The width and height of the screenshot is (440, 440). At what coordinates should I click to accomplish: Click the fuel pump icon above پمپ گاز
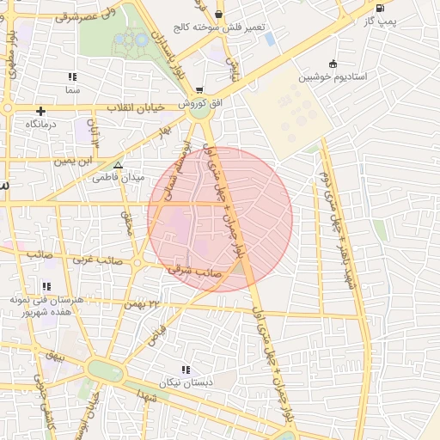pos(380,8)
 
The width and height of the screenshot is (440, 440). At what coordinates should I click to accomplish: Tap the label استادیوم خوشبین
pos(333,76)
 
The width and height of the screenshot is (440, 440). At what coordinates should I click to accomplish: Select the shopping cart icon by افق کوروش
pos(199,90)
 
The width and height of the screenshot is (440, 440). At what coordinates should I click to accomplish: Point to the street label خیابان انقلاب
pos(139,108)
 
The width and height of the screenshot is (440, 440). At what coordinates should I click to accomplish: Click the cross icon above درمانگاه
pos(40,111)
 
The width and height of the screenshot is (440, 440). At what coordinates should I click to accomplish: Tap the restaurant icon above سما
pos(72,76)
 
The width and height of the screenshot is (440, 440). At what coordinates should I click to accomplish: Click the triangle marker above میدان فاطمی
pos(118,165)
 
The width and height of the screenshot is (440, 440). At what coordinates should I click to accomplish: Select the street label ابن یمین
pos(72,160)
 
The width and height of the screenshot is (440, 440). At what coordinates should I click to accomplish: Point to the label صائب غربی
pos(95,258)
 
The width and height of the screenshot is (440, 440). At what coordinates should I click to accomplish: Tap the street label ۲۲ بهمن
pos(142,303)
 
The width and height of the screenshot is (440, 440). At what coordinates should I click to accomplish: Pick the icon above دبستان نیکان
pos(186,370)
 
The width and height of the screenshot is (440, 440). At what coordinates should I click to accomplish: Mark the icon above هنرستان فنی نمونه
pos(46,286)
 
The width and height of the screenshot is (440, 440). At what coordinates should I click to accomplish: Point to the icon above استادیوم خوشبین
pos(333,64)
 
